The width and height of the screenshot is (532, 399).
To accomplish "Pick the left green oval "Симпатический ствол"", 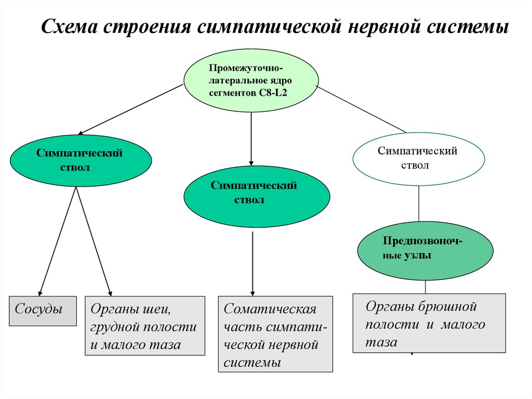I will tap(81, 160).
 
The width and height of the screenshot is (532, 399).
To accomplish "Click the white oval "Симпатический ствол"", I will tap(418, 158).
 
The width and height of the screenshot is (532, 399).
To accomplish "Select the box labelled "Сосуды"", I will tap(43, 311).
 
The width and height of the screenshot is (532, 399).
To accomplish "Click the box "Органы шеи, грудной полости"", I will tap(145, 326).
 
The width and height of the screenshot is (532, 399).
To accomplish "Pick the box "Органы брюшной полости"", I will tap(429, 323).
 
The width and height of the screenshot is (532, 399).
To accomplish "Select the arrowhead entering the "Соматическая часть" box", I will tap(252, 292).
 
